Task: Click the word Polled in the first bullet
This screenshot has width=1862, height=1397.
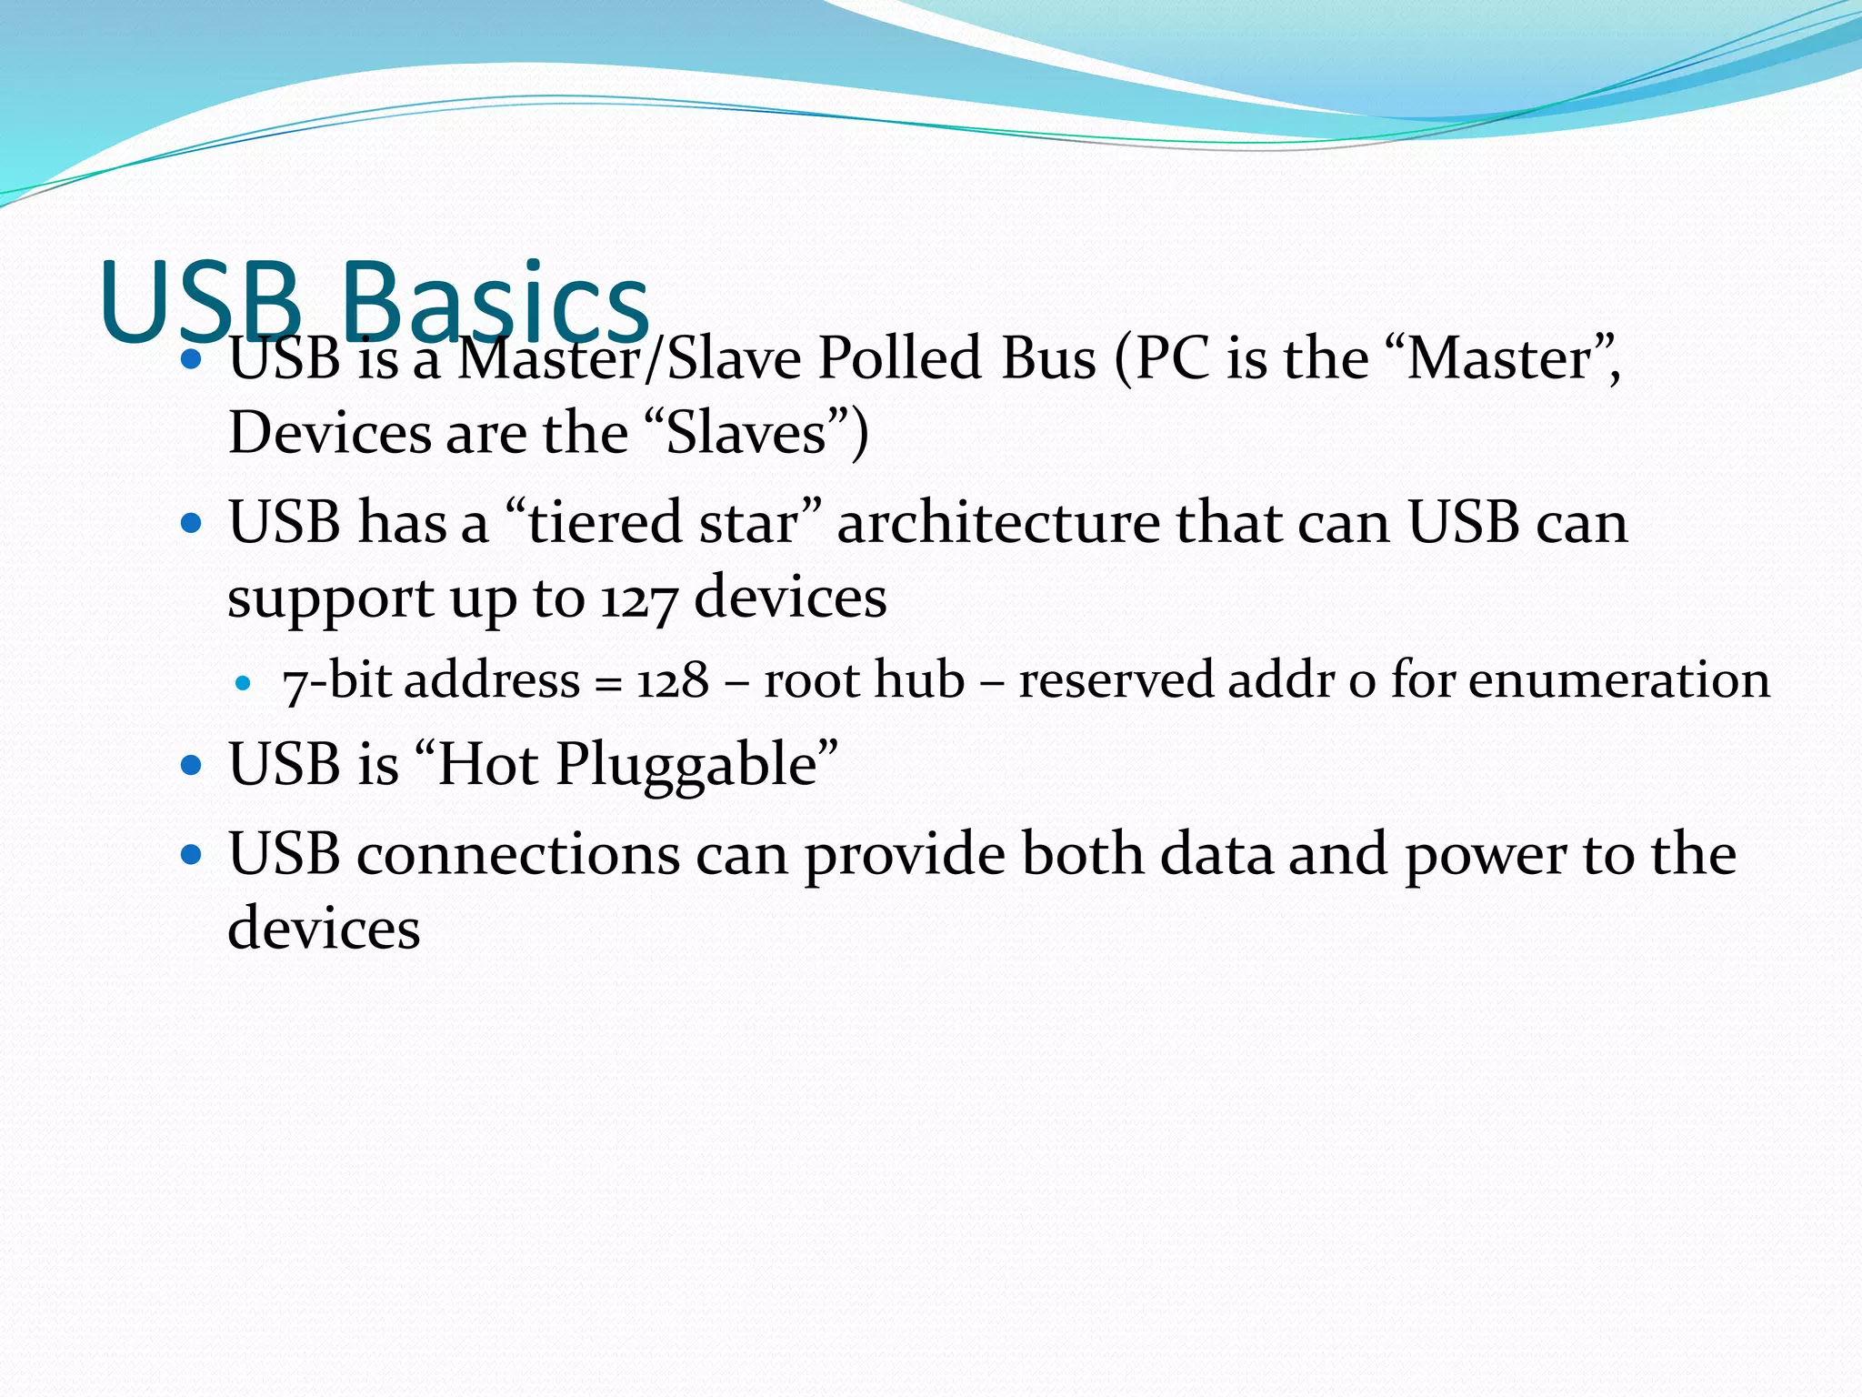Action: (900, 357)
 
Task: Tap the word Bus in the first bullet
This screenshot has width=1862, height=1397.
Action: (1048, 357)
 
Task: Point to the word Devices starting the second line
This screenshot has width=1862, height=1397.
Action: (330, 432)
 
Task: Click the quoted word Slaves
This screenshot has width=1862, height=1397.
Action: (746, 432)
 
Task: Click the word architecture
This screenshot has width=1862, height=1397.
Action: (997, 522)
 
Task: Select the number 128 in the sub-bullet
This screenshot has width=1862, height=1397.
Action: (672, 680)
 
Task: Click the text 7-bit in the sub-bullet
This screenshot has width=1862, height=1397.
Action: (336, 680)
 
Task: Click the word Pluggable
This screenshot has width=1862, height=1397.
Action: (686, 764)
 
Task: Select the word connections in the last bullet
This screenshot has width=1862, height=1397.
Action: (518, 854)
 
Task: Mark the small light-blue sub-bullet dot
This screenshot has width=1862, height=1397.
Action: (242, 682)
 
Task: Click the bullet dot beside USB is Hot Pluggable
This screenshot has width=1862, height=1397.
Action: (191, 764)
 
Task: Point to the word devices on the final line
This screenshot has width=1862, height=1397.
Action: (324, 928)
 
